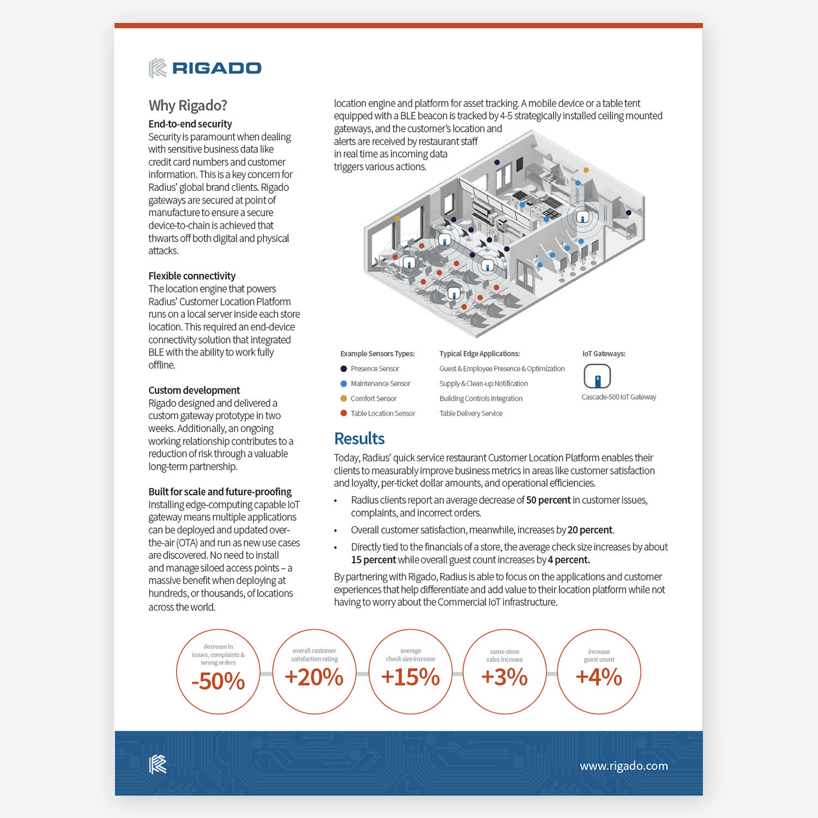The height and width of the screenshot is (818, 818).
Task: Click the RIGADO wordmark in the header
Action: [x=216, y=68]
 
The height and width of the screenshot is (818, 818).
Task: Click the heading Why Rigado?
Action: [x=188, y=105]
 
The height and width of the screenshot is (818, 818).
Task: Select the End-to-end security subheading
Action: [x=190, y=124]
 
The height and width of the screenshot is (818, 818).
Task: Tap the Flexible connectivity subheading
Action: [x=192, y=276]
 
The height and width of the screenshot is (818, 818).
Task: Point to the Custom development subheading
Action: [x=194, y=390]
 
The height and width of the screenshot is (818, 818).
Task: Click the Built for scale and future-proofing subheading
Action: [x=220, y=492]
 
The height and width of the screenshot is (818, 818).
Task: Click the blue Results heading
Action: [x=359, y=438]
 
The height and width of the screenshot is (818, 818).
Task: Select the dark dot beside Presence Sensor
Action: [x=344, y=369]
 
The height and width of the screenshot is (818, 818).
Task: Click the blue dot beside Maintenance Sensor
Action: [x=344, y=384]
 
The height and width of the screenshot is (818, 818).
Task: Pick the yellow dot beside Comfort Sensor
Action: [x=344, y=399]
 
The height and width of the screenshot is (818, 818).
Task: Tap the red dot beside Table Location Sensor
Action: [x=344, y=413]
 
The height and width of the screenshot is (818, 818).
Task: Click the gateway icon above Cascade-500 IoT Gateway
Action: [x=597, y=376]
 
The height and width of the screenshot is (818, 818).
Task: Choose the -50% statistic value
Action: [x=218, y=681]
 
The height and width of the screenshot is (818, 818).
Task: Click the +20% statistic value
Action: [x=314, y=677]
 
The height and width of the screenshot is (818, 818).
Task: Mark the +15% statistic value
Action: [x=410, y=677]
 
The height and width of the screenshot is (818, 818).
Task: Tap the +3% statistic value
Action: [x=504, y=677]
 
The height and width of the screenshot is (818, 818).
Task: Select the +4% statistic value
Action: [x=599, y=677]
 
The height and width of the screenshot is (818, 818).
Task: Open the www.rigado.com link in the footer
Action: [x=624, y=766]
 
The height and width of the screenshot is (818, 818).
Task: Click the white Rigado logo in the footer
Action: [x=158, y=765]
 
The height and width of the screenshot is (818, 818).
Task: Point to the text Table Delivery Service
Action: [x=471, y=413]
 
